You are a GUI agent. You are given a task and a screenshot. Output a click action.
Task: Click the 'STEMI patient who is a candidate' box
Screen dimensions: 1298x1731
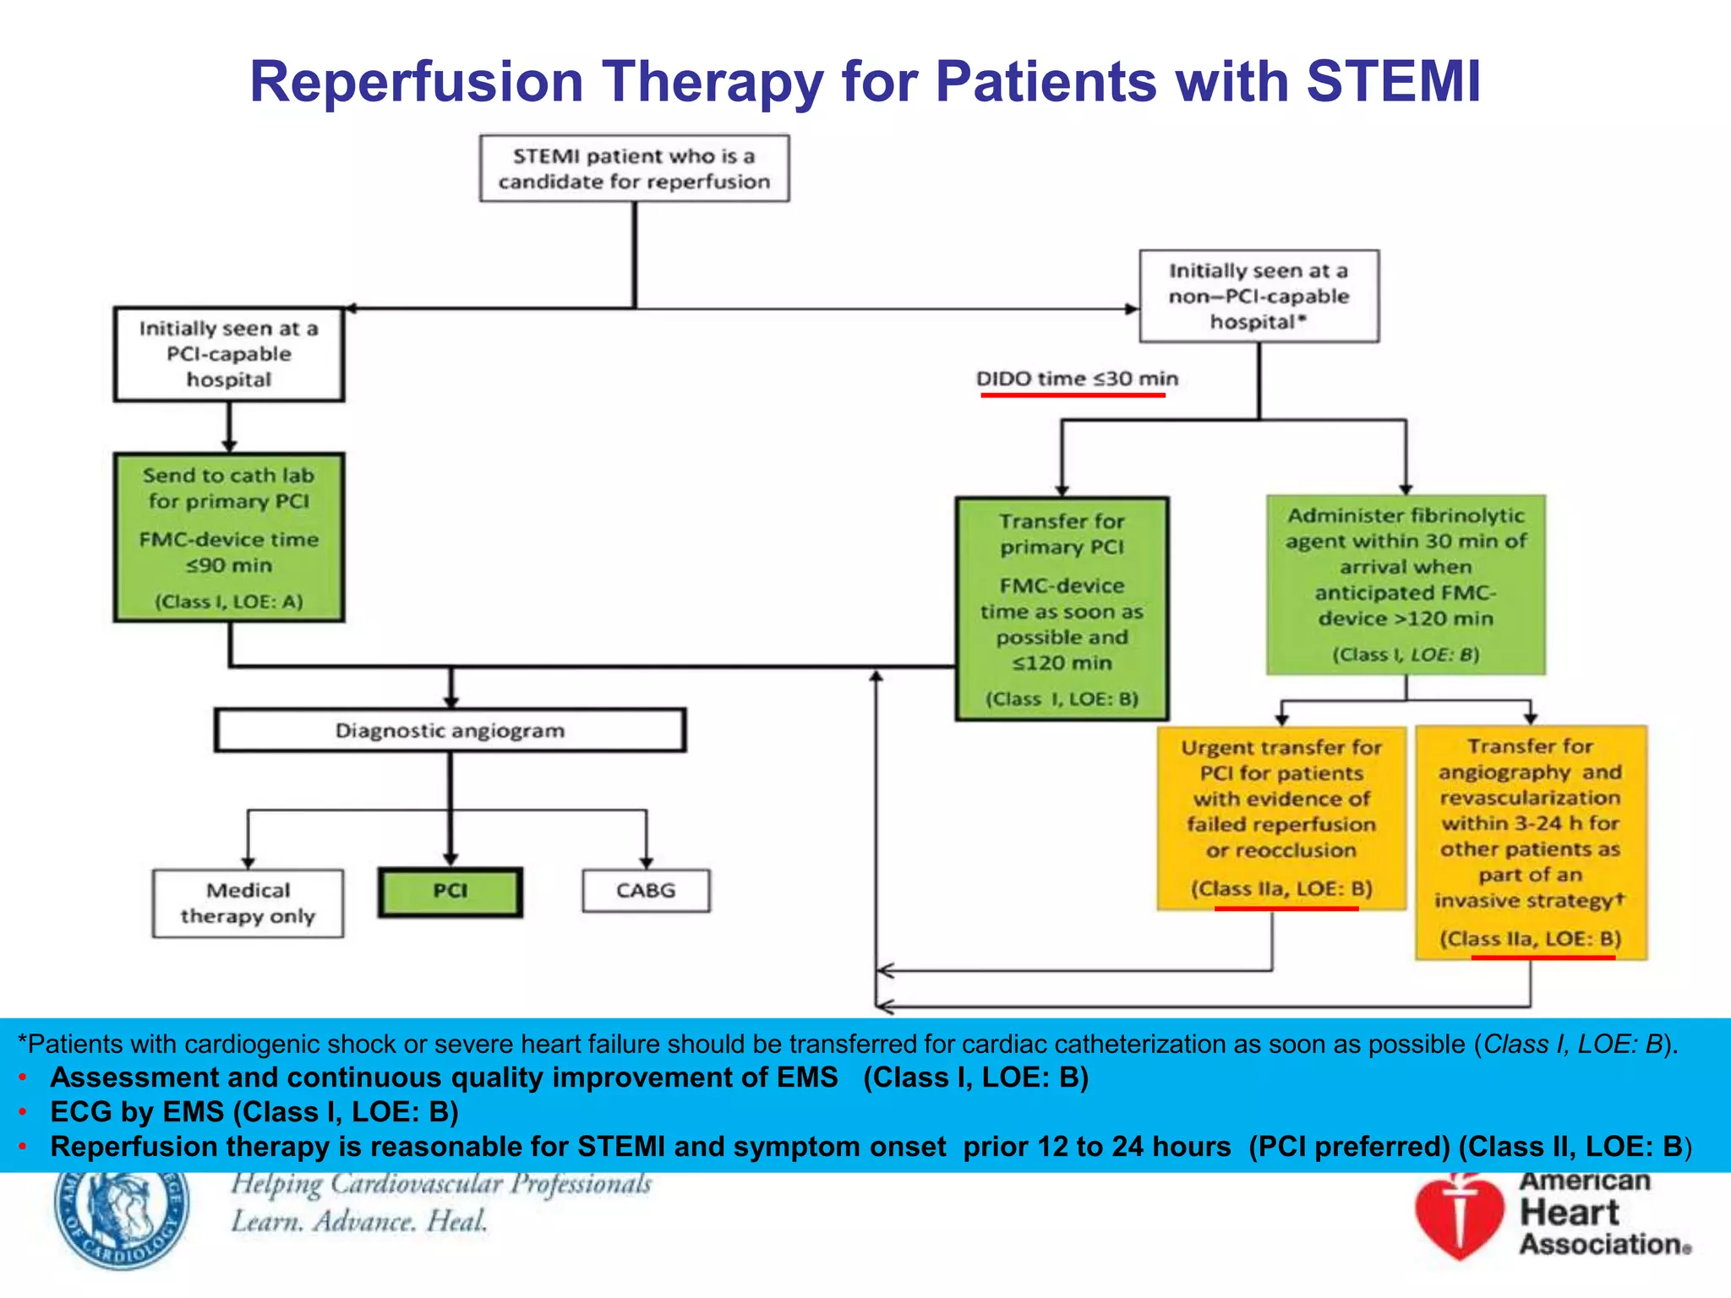point(634,168)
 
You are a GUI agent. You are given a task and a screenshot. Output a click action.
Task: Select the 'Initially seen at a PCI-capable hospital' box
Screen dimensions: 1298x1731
point(229,354)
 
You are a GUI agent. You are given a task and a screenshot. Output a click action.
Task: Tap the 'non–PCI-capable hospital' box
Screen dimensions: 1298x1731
point(1259,296)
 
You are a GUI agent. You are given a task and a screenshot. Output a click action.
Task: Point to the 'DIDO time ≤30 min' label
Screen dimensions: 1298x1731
point(1077,379)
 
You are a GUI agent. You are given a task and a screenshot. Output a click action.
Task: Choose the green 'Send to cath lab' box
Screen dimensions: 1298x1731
point(229,537)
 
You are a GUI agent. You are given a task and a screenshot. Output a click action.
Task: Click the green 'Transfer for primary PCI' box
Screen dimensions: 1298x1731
point(1062,608)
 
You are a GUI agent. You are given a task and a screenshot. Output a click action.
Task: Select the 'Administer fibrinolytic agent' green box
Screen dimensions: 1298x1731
point(1406,584)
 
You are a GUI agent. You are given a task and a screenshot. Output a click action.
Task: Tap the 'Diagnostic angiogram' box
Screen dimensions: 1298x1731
point(450,730)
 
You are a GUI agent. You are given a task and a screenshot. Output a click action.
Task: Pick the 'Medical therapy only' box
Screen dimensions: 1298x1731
point(248,903)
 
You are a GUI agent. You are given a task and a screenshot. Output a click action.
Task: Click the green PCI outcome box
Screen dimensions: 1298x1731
point(450,892)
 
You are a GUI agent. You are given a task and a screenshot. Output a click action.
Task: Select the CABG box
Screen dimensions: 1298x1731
point(646,891)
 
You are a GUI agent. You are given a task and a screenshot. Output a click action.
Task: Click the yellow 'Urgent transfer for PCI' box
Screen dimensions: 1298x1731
point(1281,817)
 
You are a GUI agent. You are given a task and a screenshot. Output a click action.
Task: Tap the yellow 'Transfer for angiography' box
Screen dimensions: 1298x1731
point(1531,842)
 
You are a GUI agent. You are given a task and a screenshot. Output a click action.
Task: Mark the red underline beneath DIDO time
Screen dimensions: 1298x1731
point(1073,395)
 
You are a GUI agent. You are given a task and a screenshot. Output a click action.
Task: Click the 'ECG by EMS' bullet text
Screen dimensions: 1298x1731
point(254,1112)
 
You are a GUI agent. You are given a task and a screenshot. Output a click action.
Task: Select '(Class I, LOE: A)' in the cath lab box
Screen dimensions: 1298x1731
point(228,602)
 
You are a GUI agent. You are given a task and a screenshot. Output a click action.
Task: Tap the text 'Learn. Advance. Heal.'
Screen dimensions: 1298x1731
point(359,1222)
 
